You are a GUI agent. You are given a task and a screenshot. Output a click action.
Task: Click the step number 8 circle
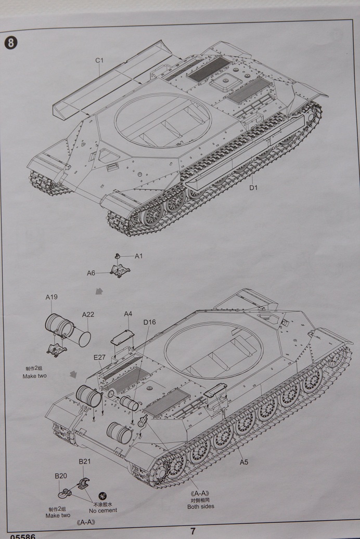coord(10,42)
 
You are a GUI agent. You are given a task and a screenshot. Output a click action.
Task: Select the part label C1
coord(99,60)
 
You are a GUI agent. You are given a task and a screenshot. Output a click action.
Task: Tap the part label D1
coord(253,188)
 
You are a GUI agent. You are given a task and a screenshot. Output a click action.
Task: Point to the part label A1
coord(138,256)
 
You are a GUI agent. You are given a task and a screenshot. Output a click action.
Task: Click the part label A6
coord(91,273)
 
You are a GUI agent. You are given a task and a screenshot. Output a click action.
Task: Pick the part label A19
coord(52,297)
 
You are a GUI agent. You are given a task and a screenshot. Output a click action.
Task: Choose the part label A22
coord(88,314)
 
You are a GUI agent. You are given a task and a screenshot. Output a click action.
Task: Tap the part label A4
coord(128,313)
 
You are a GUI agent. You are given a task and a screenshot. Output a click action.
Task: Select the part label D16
coord(149,322)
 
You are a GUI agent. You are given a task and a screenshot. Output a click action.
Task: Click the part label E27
coord(100,357)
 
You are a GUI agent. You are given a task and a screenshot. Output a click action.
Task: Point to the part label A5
coord(243,462)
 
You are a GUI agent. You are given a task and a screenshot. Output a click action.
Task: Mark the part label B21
coord(84,461)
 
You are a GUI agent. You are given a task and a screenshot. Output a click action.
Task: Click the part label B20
coord(61,476)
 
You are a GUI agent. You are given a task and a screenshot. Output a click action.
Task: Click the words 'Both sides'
coord(201,506)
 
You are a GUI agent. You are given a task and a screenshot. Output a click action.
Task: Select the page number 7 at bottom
coord(192,531)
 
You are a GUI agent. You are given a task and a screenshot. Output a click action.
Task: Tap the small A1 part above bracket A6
coord(118,256)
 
